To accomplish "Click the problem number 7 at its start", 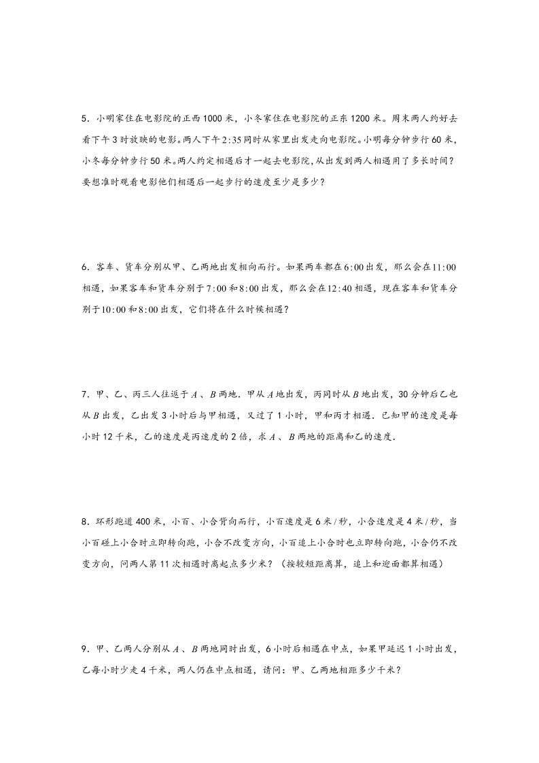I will coord(83,394).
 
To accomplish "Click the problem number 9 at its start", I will coord(83,649).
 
